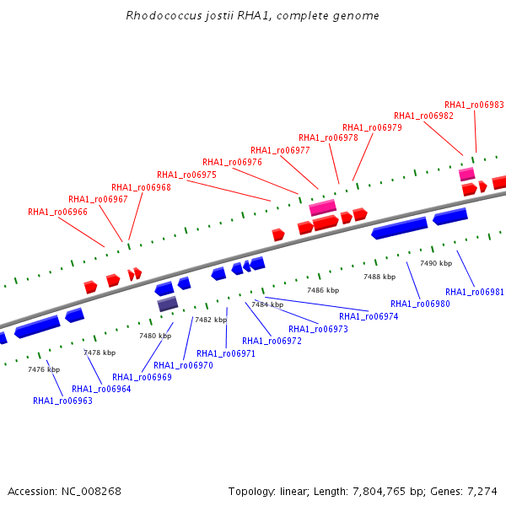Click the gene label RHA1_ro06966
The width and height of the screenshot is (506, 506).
(x=57, y=212)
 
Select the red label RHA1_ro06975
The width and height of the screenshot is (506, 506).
(x=186, y=175)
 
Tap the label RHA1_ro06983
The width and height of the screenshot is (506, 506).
(x=474, y=105)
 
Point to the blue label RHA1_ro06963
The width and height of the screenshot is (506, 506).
(x=62, y=401)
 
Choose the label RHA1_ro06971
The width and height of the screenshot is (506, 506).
(x=226, y=353)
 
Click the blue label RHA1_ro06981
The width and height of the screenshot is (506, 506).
(x=474, y=292)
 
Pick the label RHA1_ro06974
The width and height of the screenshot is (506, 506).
(x=369, y=316)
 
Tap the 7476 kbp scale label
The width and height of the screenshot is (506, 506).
(x=44, y=369)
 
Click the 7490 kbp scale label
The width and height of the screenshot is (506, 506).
(x=436, y=263)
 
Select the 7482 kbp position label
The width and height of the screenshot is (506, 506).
(x=211, y=320)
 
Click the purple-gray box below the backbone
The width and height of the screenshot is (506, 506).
(x=168, y=304)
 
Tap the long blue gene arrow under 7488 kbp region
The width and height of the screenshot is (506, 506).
(x=400, y=228)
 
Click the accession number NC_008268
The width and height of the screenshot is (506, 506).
(x=91, y=492)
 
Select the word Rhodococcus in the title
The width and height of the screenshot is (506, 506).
(x=164, y=15)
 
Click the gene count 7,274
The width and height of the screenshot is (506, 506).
(x=482, y=492)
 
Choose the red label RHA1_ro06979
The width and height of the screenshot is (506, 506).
(x=372, y=128)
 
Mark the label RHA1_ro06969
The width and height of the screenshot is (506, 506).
(x=142, y=377)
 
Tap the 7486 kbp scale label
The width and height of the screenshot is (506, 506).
(x=323, y=290)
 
